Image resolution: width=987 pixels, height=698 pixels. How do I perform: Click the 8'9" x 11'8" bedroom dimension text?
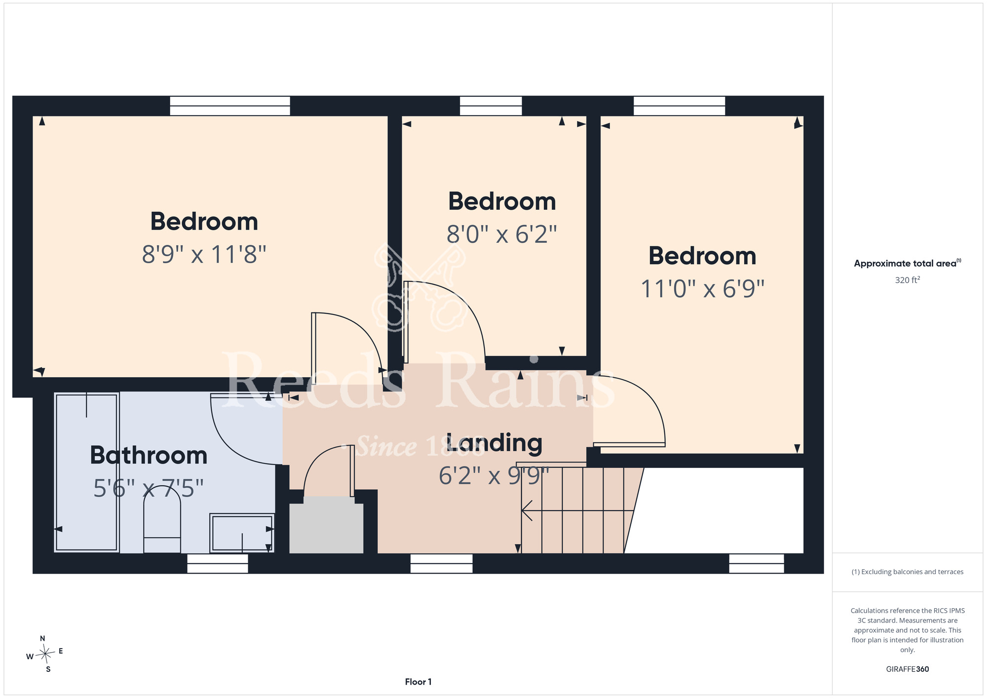(x=204, y=255)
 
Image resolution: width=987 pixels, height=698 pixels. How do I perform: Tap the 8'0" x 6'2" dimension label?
(x=502, y=234)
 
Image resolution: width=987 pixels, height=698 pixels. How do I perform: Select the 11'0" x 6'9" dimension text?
(x=702, y=289)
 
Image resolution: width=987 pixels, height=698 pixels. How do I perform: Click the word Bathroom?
(x=149, y=455)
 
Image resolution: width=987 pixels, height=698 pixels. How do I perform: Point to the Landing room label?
(x=494, y=443)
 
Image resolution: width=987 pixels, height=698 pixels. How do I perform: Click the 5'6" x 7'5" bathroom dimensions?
(x=149, y=488)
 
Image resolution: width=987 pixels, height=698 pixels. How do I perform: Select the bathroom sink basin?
(x=242, y=533)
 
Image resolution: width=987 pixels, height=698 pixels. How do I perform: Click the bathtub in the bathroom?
(x=87, y=472)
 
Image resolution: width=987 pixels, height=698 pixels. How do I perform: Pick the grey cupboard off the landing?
(x=326, y=525)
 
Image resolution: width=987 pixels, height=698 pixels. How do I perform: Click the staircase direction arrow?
(x=577, y=510)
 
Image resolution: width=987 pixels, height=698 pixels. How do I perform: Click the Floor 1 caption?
(x=418, y=682)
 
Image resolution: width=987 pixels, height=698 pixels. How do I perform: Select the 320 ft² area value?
(x=907, y=280)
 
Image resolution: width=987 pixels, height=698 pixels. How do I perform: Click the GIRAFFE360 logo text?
(x=907, y=669)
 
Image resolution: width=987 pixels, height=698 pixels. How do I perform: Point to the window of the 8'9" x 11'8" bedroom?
(x=230, y=106)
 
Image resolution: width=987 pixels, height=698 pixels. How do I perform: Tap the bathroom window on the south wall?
(x=218, y=563)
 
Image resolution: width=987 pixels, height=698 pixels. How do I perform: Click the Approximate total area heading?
(x=907, y=263)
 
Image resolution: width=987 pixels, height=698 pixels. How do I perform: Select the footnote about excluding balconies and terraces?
(x=907, y=572)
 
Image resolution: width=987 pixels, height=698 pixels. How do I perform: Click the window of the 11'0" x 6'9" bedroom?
(x=679, y=106)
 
